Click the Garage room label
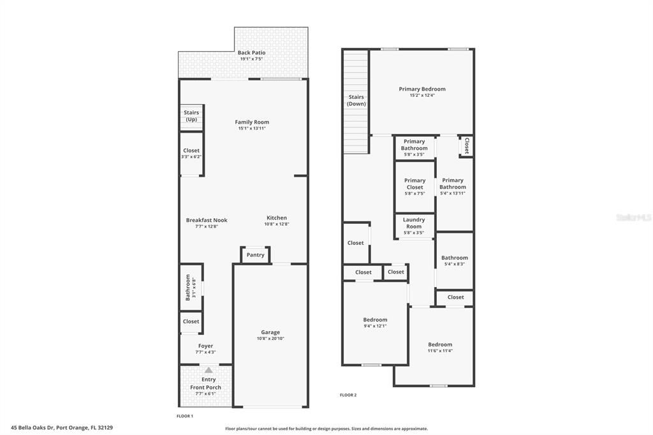[x=270, y=332]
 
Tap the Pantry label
[x=255, y=255]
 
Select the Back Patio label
[x=251, y=53]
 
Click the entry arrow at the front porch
[x=209, y=370]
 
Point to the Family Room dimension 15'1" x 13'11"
[x=252, y=129]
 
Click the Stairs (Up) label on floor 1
[x=191, y=116]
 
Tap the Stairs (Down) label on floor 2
[x=356, y=101]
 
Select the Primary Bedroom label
[x=422, y=89]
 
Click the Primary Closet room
[x=415, y=184]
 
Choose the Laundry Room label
[x=414, y=223]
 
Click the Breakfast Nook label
[x=207, y=220]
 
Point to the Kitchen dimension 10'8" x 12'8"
[x=277, y=225]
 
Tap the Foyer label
[x=205, y=346]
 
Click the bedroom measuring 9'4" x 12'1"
[x=375, y=322]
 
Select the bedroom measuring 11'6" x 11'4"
[x=440, y=347]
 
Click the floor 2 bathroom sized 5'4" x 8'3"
[x=454, y=260]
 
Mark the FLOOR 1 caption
[x=185, y=416]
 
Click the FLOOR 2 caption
[x=348, y=395]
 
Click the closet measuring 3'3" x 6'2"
[x=191, y=154]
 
